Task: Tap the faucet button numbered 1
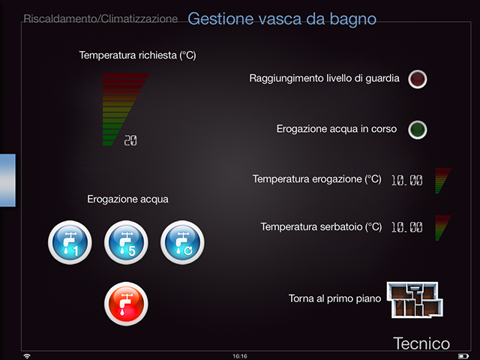(70, 242)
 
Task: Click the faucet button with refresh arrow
(182, 242)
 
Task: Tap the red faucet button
(126, 304)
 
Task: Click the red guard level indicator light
(418, 79)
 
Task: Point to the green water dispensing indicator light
(418, 130)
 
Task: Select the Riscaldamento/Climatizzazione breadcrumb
(100, 19)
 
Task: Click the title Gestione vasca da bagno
(282, 19)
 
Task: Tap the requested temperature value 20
(130, 140)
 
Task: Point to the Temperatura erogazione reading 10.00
(406, 180)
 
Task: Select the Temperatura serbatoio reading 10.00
(406, 227)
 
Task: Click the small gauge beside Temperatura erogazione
(442, 180)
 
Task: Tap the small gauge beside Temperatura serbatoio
(442, 228)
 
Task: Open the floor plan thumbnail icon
(415, 300)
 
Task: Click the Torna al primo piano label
(335, 298)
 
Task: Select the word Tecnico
(421, 343)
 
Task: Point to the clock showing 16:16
(240, 356)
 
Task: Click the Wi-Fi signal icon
(27, 356)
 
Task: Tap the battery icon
(463, 356)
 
